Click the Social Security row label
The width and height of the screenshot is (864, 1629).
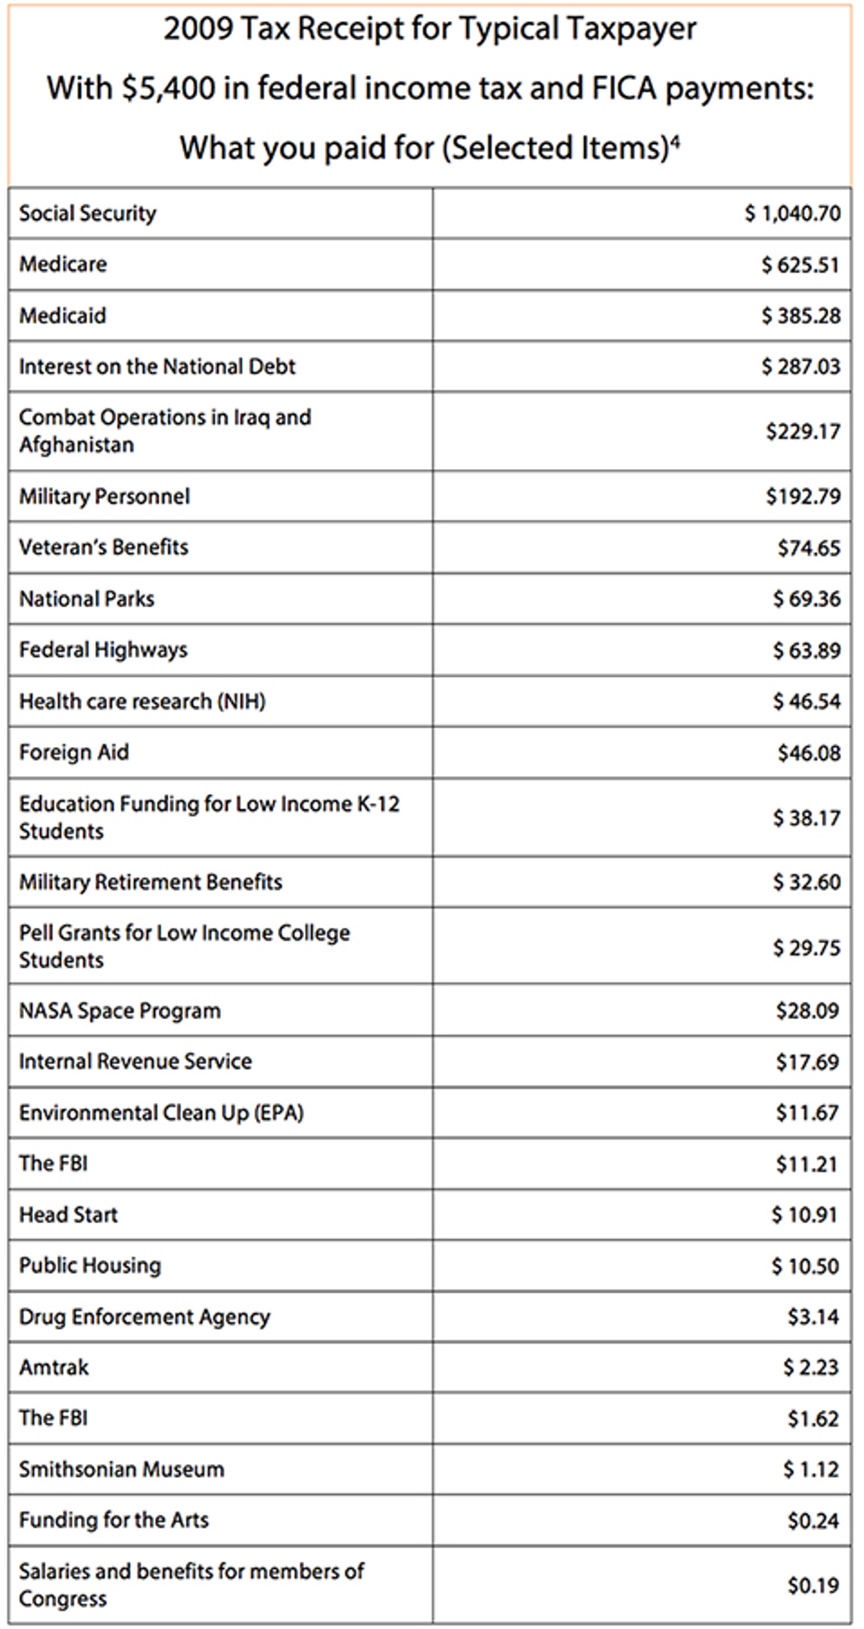click(88, 214)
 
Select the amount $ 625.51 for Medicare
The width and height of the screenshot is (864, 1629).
click(801, 264)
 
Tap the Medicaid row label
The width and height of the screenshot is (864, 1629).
click(62, 315)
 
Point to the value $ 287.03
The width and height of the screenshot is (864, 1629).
click(801, 366)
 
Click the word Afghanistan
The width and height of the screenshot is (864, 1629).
click(76, 445)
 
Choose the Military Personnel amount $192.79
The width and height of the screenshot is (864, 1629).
click(803, 497)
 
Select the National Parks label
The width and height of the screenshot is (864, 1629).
click(86, 599)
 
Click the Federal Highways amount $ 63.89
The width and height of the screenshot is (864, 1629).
click(806, 650)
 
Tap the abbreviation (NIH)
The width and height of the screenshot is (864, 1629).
click(241, 701)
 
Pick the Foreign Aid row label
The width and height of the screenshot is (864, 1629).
click(74, 753)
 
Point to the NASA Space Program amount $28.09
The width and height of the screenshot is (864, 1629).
click(808, 1011)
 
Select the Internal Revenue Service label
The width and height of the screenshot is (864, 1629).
click(135, 1061)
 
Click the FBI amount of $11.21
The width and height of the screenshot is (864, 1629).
click(807, 1164)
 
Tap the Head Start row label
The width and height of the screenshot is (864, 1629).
click(68, 1215)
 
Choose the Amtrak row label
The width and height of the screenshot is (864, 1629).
click(54, 1368)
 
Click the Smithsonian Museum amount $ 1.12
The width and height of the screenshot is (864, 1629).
click(811, 1469)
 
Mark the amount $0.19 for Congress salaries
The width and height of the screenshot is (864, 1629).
click(813, 1585)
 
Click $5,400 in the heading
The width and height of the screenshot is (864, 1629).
click(169, 88)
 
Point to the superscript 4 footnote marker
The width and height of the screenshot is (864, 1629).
click(675, 142)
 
